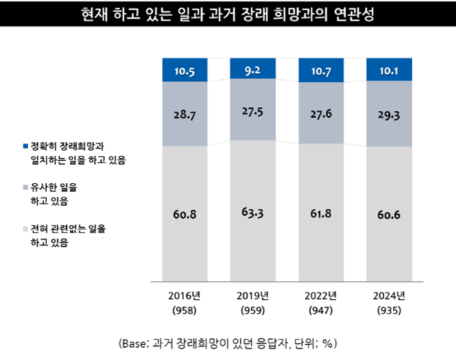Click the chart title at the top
click(x=227, y=14)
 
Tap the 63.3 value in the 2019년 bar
click(x=254, y=215)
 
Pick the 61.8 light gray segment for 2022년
click(x=321, y=215)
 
